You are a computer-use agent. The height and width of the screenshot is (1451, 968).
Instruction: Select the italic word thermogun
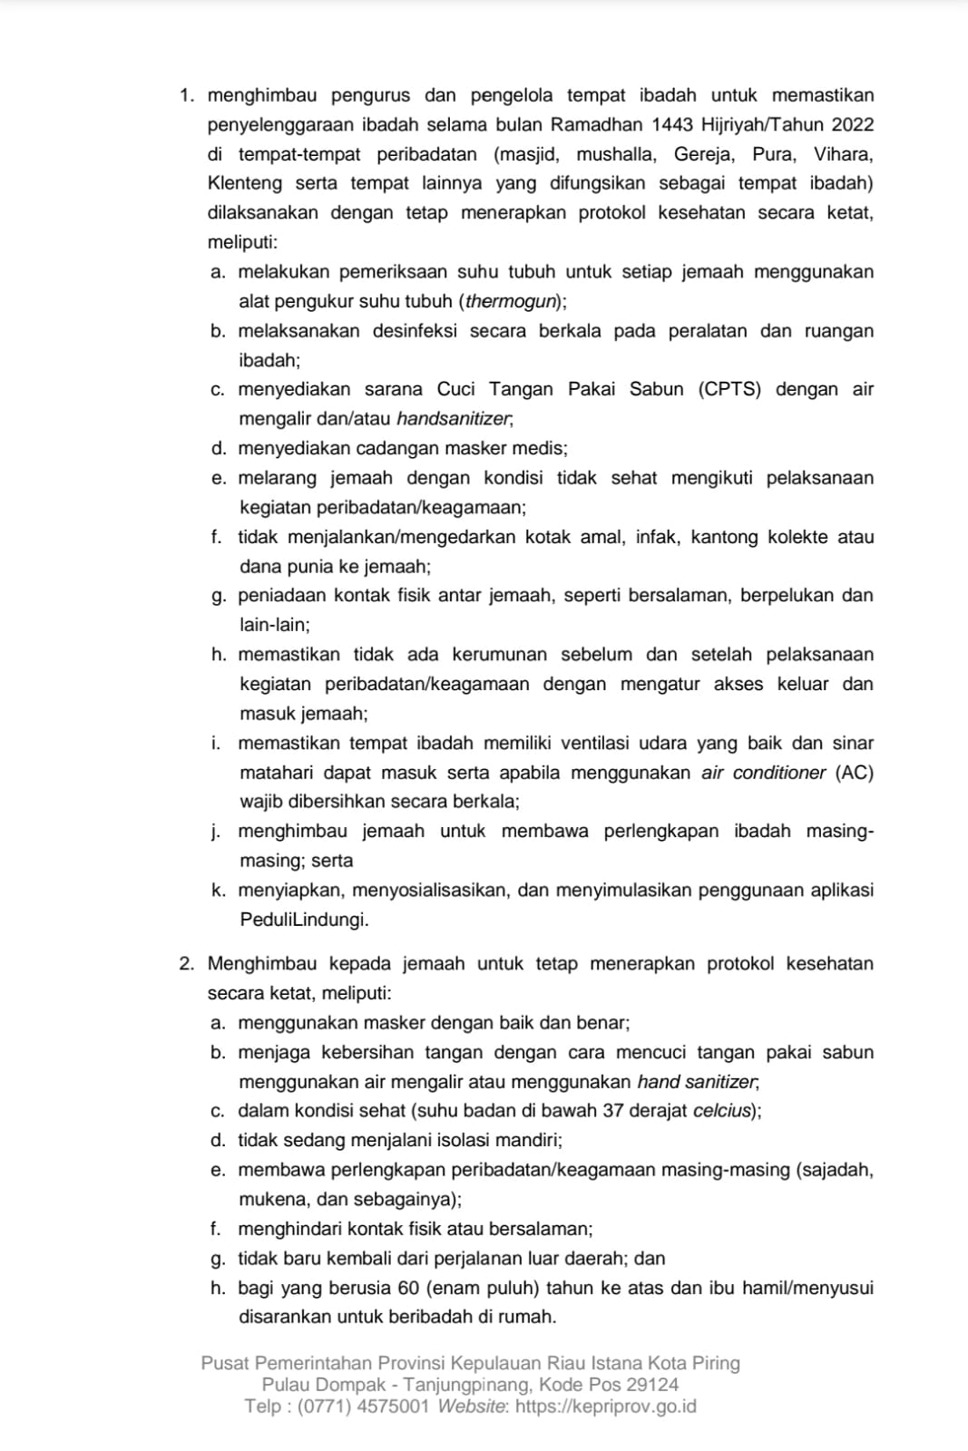512,301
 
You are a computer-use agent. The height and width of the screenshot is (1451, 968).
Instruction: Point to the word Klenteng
245,183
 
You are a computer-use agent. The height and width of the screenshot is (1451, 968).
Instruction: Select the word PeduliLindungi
304,920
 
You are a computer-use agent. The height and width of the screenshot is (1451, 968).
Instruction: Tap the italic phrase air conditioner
764,773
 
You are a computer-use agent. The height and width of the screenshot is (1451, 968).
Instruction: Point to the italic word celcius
722,1111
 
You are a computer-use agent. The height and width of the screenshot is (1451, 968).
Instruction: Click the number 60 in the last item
407,1288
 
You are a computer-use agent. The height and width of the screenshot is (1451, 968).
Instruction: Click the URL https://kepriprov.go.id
605,1407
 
